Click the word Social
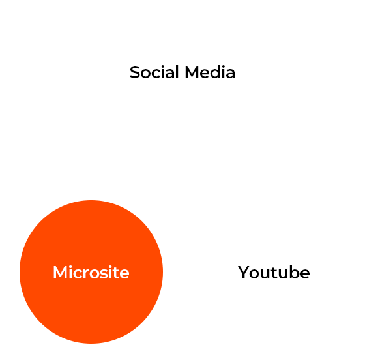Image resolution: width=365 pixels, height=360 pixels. pos(154,72)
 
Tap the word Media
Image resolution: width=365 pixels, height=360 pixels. pos(210,72)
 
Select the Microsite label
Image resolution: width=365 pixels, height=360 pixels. pos(91,272)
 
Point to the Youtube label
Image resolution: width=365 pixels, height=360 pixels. pos(274,272)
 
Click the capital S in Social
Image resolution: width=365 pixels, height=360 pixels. pos(135,72)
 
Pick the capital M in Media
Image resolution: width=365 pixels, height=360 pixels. pos(192,72)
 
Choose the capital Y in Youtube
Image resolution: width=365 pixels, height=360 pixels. pos(244,272)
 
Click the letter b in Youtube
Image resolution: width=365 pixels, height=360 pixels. pos(294,272)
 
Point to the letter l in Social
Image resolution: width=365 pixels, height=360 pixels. pos(177,72)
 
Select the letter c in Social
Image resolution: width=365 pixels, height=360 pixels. pos(155,74)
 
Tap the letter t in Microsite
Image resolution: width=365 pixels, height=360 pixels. pos(116,273)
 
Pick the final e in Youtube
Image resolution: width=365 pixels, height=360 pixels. pos(305,274)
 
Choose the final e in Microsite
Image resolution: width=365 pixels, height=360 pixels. pos(124,274)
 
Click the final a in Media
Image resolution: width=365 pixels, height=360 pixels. pos(231,74)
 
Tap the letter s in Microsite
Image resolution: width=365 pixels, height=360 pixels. pos(102,274)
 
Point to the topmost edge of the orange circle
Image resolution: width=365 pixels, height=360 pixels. pos(91,200)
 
